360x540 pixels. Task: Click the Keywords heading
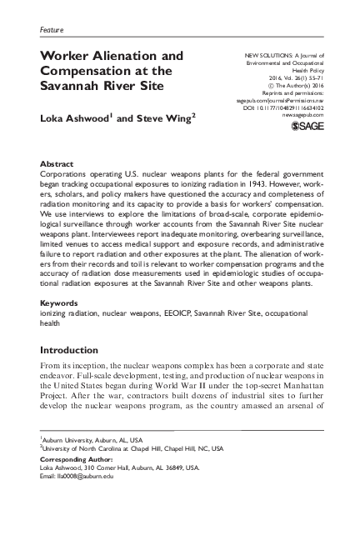[59, 302]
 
